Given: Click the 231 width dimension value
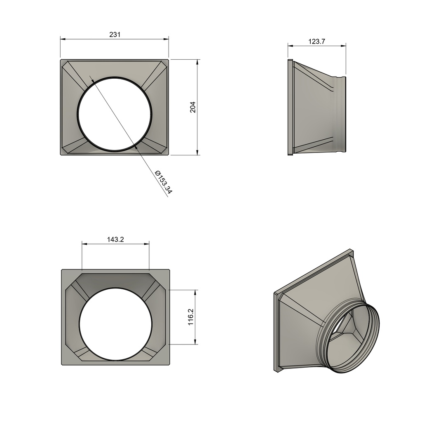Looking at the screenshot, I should click(x=115, y=35).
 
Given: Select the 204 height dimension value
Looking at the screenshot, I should click(x=193, y=107).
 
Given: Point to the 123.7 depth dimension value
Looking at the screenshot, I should click(x=316, y=41).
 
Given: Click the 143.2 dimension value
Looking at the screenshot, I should click(x=115, y=239).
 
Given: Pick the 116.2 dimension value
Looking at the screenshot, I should click(x=191, y=317).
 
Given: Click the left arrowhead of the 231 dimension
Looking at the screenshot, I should click(x=63, y=39).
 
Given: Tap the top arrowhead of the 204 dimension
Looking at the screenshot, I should click(x=198, y=62).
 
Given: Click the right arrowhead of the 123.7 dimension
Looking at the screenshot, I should click(x=343, y=45).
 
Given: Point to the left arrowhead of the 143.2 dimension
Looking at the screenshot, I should click(x=84, y=244).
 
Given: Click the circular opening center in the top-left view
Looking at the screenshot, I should click(x=114, y=114).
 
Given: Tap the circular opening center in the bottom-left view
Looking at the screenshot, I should click(x=115, y=324).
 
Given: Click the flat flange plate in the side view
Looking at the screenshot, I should click(x=290, y=108).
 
